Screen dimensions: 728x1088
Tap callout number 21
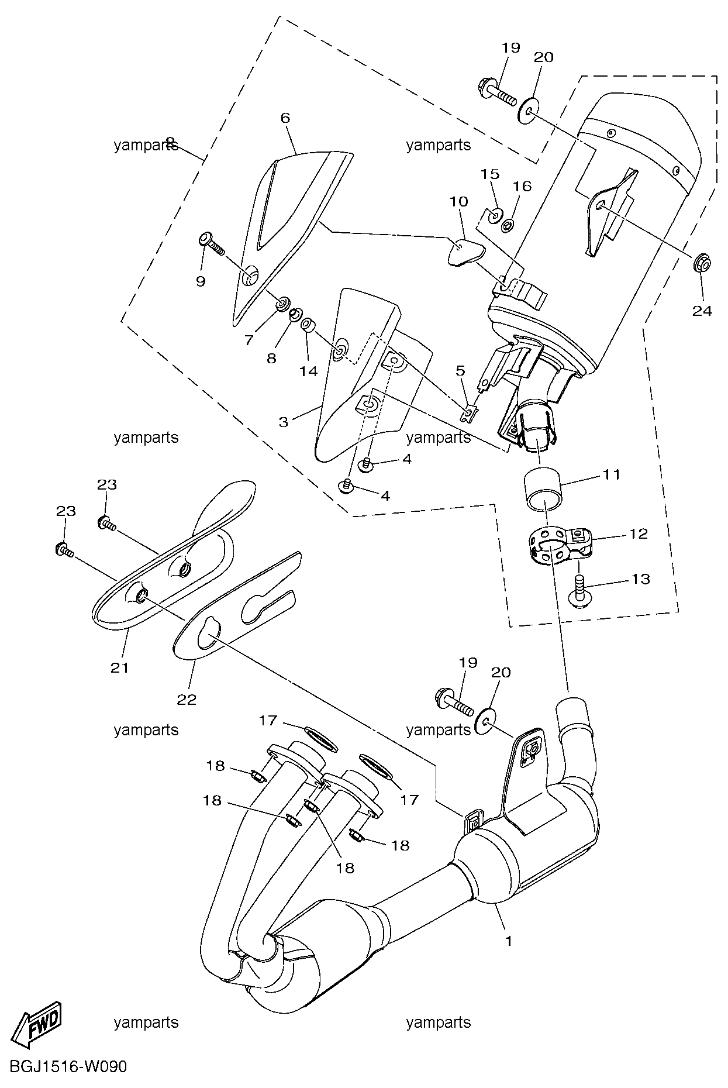[x=119, y=667]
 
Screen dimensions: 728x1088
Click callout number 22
[x=187, y=699]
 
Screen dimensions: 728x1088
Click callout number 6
[x=285, y=118]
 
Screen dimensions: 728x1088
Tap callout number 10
[x=459, y=202]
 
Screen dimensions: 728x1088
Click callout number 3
[x=284, y=422]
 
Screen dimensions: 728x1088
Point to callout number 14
[x=309, y=370]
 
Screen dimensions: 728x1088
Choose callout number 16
[x=522, y=185]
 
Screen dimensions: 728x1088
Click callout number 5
[x=461, y=370]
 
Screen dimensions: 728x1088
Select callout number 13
[x=641, y=579]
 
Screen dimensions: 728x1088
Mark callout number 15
[x=490, y=174]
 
